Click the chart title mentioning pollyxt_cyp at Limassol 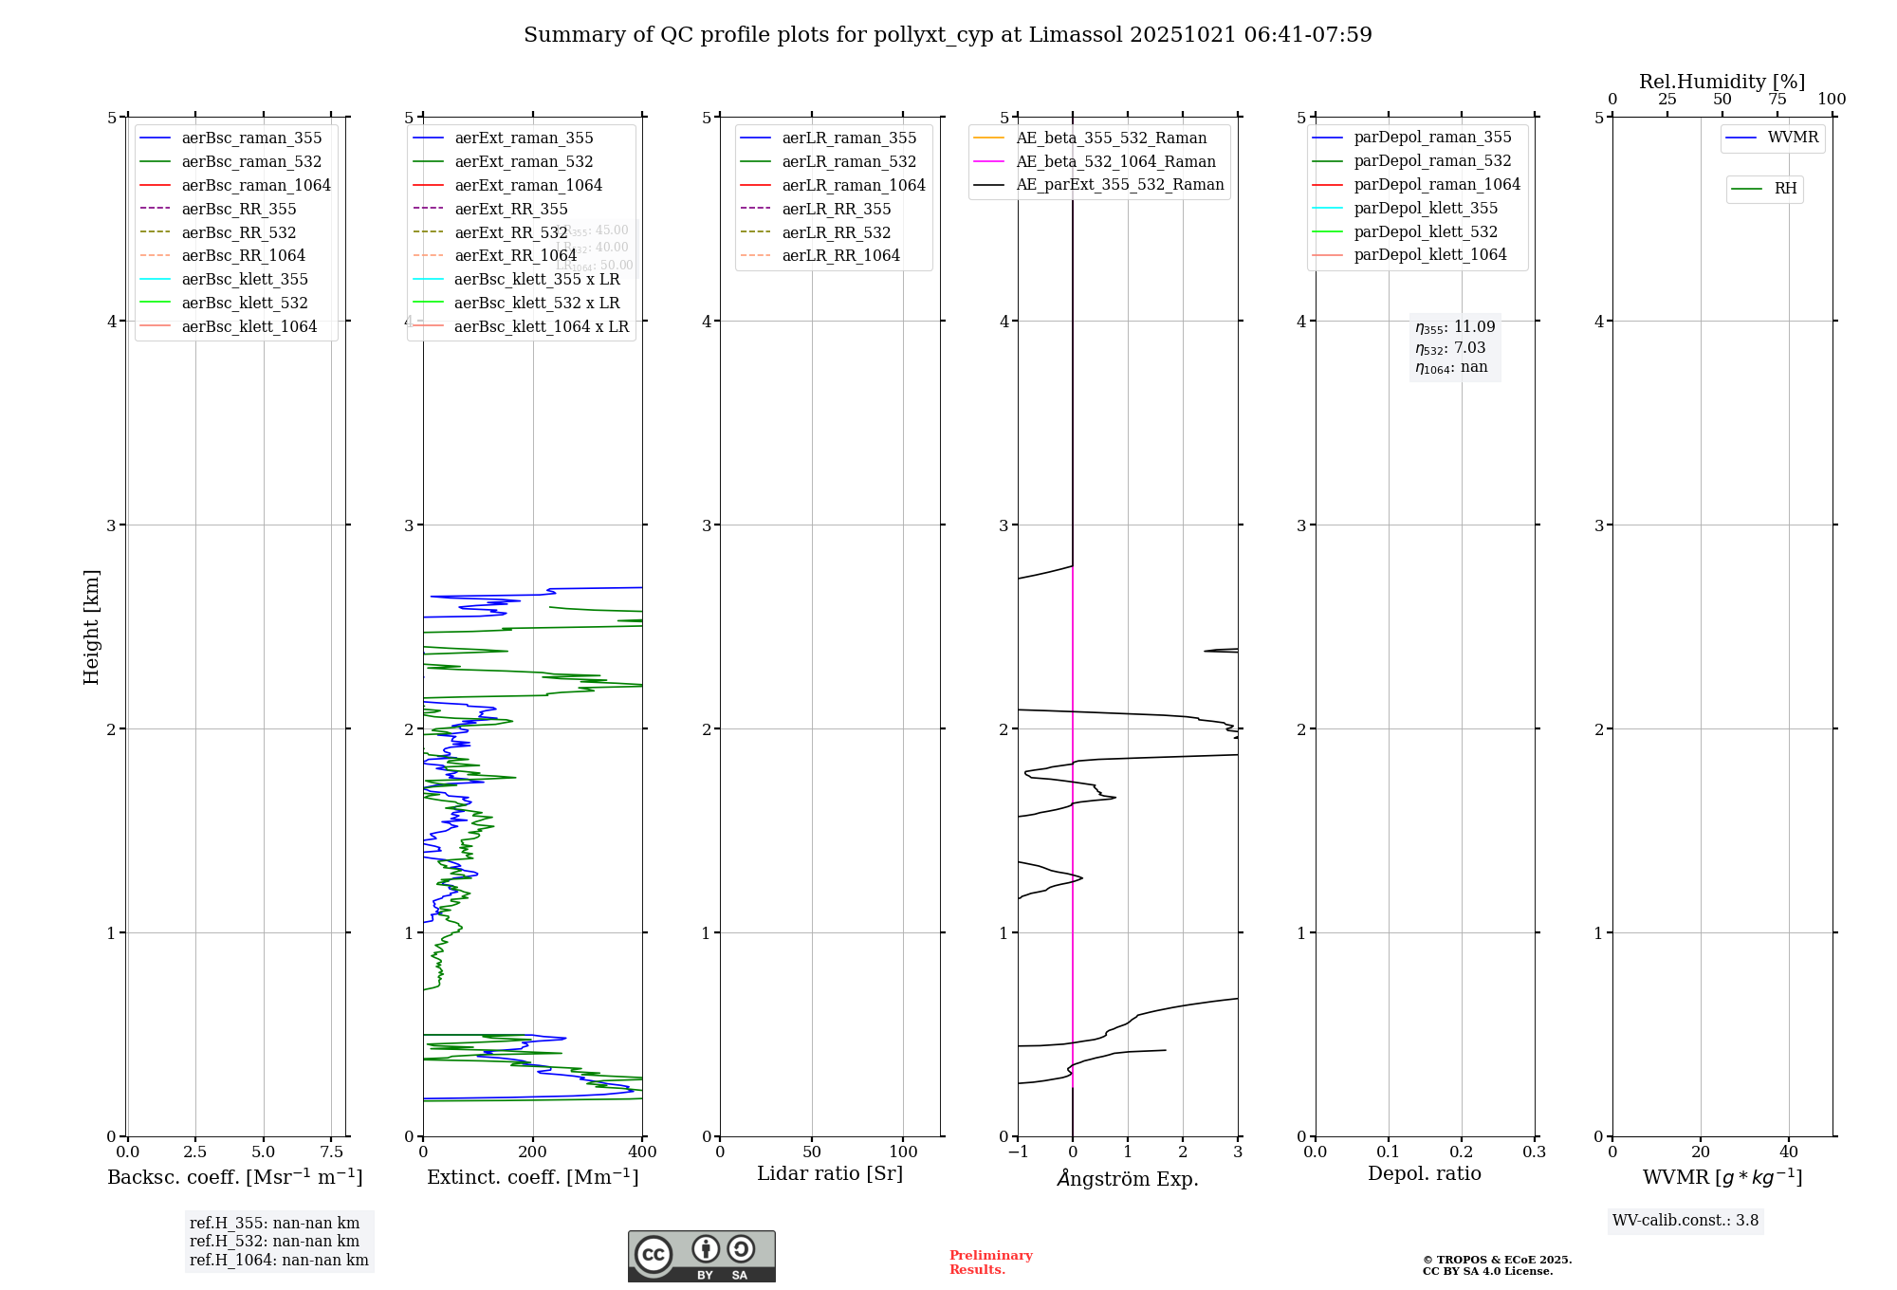[x=948, y=35]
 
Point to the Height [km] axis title [x=91, y=626]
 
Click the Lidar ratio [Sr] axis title [x=830, y=1173]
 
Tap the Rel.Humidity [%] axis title [x=1722, y=82]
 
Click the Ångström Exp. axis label [x=1128, y=1178]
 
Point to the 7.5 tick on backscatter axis [x=331, y=1152]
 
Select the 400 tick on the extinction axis [x=642, y=1152]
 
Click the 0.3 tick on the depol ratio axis [x=1534, y=1152]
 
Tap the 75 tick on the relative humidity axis [x=1777, y=100]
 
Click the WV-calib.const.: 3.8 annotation [x=1685, y=1221]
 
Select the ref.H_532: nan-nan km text [x=274, y=1242]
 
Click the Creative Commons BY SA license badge [x=701, y=1256]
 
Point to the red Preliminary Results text [x=990, y=1262]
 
